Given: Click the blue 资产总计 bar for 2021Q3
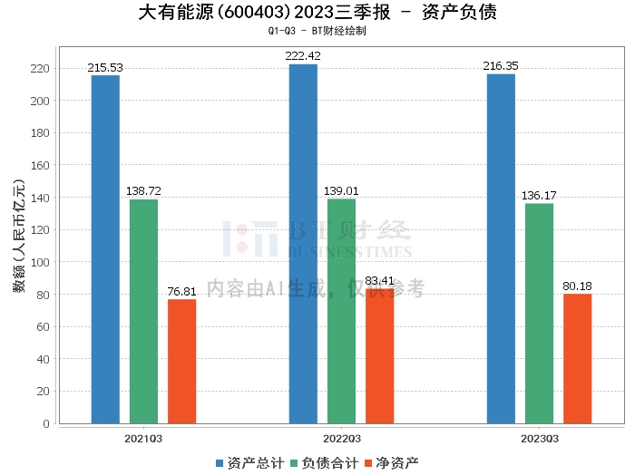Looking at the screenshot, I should click(x=105, y=249).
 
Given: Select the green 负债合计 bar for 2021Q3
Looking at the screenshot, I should click(x=143, y=311).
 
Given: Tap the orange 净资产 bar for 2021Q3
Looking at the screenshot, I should click(x=181, y=361).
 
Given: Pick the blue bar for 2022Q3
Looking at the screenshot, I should click(x=303, y=244).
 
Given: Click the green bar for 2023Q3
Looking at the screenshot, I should click(x=539, y=313).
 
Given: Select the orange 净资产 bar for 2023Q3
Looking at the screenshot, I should click(x=577, y=358).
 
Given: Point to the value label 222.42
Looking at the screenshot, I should click(x=303, y=56).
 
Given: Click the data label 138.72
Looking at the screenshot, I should click(x=143, y=192).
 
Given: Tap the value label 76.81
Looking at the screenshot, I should click(x=181, y=292).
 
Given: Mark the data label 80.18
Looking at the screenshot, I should click(x=577, y=286).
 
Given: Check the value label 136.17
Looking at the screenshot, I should click(x=539, y=196).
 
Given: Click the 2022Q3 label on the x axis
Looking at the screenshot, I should click(x=341, y=439).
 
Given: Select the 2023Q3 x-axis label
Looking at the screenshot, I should click(x=539, y=439).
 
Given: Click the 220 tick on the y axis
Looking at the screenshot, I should click(x=41, y=69).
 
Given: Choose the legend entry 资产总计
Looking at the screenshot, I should click(x=248, y=462).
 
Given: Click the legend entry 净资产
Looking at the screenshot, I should click(x=391, y=462).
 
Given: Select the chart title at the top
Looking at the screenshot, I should click(x=317, y=13).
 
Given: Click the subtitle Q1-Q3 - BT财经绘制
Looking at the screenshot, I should click(x=317, y=31).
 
